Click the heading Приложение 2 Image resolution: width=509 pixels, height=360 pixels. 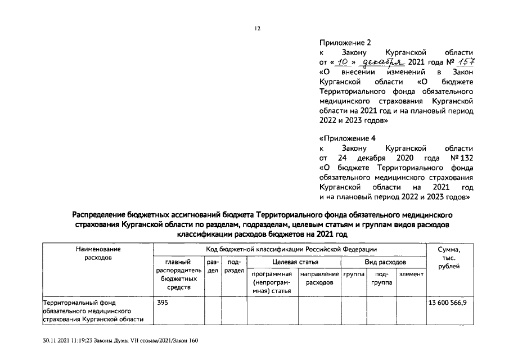coord(345,42)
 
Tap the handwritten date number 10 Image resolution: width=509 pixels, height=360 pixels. coord(352,62)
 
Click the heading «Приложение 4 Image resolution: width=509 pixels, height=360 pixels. coord(347,138)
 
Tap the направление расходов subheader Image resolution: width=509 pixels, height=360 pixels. coord(319,278)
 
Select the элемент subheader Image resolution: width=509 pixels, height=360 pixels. coord(411,274)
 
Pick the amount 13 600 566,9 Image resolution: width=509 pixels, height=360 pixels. coord(451,303)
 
